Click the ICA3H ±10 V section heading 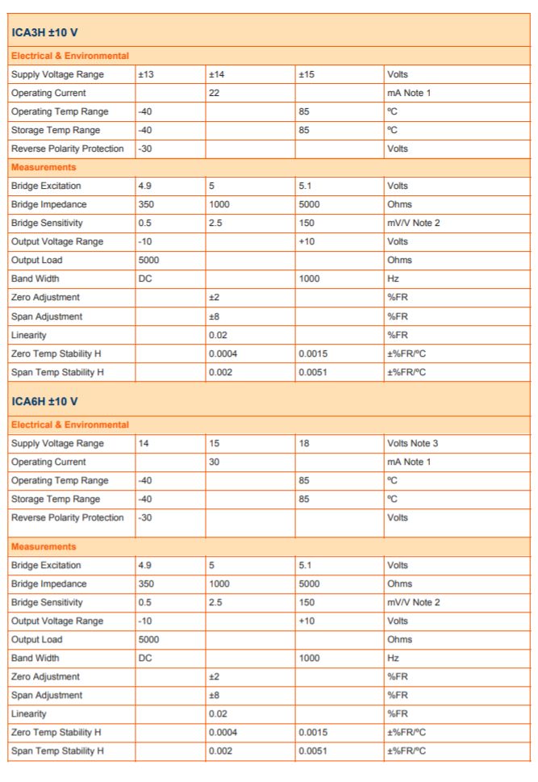(x=49, y=33)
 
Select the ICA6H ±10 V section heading (x=49, y=401)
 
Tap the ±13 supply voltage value (x=146, y=75)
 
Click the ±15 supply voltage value (x=306, y=75)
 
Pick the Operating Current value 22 (x=215, y=93)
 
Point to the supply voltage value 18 (x=304, y=443)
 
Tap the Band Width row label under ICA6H (x=35, y=658)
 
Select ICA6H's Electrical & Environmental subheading (x=69, y=424)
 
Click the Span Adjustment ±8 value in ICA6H (x=214, y=695)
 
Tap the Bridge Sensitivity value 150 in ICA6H (x=307, y=602)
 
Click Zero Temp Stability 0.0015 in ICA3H (x=312, y=353)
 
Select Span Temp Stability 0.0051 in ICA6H (x=312, y=751)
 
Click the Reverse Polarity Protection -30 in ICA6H (x=146, y=517)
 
